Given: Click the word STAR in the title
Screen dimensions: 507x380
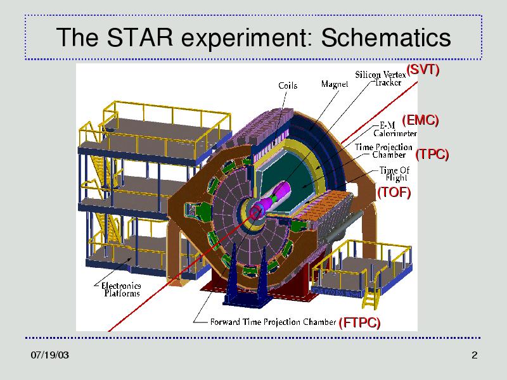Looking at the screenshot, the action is [139, 37].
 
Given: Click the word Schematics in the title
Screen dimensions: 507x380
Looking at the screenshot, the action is [386, 37].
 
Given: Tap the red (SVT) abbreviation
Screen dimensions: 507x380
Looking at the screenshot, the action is [423, 70].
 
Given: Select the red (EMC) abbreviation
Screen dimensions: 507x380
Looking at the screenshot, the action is [420, 120].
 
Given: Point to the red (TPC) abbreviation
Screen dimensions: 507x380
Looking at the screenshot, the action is [432, 154].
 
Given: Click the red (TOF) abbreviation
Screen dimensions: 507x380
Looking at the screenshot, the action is [394, 193].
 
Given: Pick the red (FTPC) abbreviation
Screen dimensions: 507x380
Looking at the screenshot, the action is [359, 322].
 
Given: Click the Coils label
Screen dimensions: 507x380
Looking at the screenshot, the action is [288, 85].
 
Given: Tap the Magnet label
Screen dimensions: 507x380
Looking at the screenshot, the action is [335, 84].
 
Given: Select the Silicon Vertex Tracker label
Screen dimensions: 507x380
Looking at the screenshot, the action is [380, 79].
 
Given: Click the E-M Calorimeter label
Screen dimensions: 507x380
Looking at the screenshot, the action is [395, 129].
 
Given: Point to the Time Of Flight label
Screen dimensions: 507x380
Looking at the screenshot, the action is [394, 174].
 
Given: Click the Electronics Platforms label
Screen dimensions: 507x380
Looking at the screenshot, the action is [121, 289].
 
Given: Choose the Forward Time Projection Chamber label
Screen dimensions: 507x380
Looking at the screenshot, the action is [273, 322].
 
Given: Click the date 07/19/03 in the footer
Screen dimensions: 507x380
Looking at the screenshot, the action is [50, 355].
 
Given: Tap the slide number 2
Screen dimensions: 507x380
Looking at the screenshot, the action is [474, 355].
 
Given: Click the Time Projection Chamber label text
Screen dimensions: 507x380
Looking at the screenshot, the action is [383, 151].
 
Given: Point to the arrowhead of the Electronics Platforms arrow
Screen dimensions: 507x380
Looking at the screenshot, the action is [131, 258].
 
